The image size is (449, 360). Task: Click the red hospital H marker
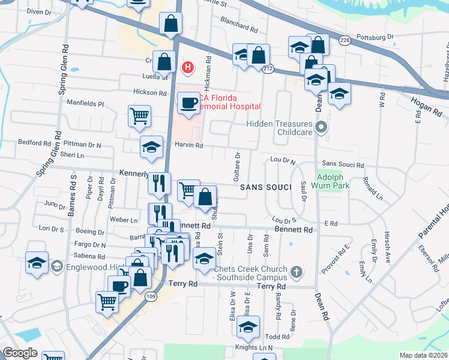188,67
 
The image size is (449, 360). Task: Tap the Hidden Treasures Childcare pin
322,127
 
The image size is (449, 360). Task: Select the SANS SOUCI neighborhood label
265,188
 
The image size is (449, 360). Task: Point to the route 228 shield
344,40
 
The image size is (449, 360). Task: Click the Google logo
20,352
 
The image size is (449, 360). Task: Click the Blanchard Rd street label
238,28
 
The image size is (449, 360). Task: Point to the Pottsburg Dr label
374,37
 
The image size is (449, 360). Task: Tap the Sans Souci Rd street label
343,164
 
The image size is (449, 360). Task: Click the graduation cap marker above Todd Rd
248,327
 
